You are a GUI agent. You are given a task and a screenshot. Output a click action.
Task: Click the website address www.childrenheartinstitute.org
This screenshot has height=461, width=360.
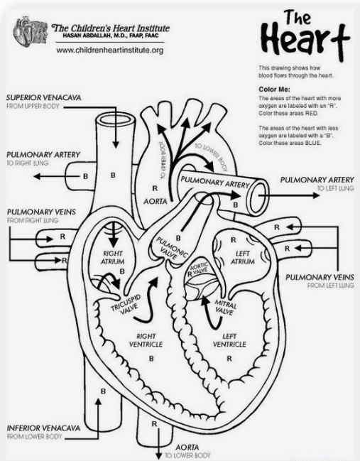pos(109,50)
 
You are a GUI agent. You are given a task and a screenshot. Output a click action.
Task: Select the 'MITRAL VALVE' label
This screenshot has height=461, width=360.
pos(225,308)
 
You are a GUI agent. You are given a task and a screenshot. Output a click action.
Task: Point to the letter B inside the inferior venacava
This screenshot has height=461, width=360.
pos(103,391)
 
